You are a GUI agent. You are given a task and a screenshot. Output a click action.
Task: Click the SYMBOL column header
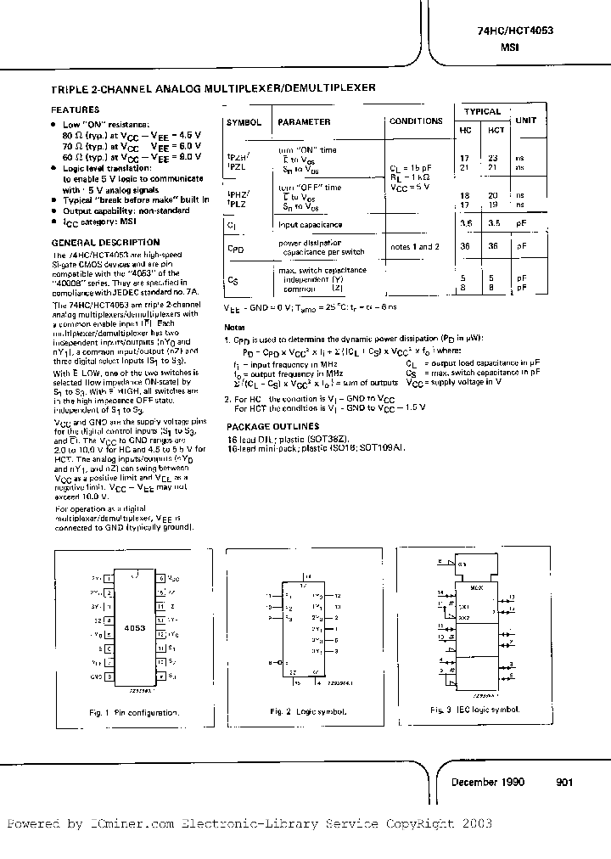pyautogui.click(x=244, y=122)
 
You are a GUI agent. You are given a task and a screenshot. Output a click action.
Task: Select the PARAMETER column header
pyautogui.click(x=304, y=122)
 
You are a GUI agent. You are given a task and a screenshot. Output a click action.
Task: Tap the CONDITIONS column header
pyautogui.click(x=416, y=121)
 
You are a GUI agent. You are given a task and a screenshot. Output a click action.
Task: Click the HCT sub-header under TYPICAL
pyautogui.click(x=496, y=130)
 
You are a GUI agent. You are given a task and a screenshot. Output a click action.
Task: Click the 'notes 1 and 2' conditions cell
pyautogui.click(x=415, y=246)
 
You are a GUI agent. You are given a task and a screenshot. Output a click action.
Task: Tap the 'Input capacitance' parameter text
pyautogui.click(x=311, y=225)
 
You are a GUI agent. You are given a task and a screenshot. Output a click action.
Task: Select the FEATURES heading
pyautogui.click(x=76, y=109)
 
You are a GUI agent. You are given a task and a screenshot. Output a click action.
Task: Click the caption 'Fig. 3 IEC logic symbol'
pyautogui.click(x=475, y=708)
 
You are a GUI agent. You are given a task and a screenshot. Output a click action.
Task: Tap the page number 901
pyautogui.click(x=566, y=783)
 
